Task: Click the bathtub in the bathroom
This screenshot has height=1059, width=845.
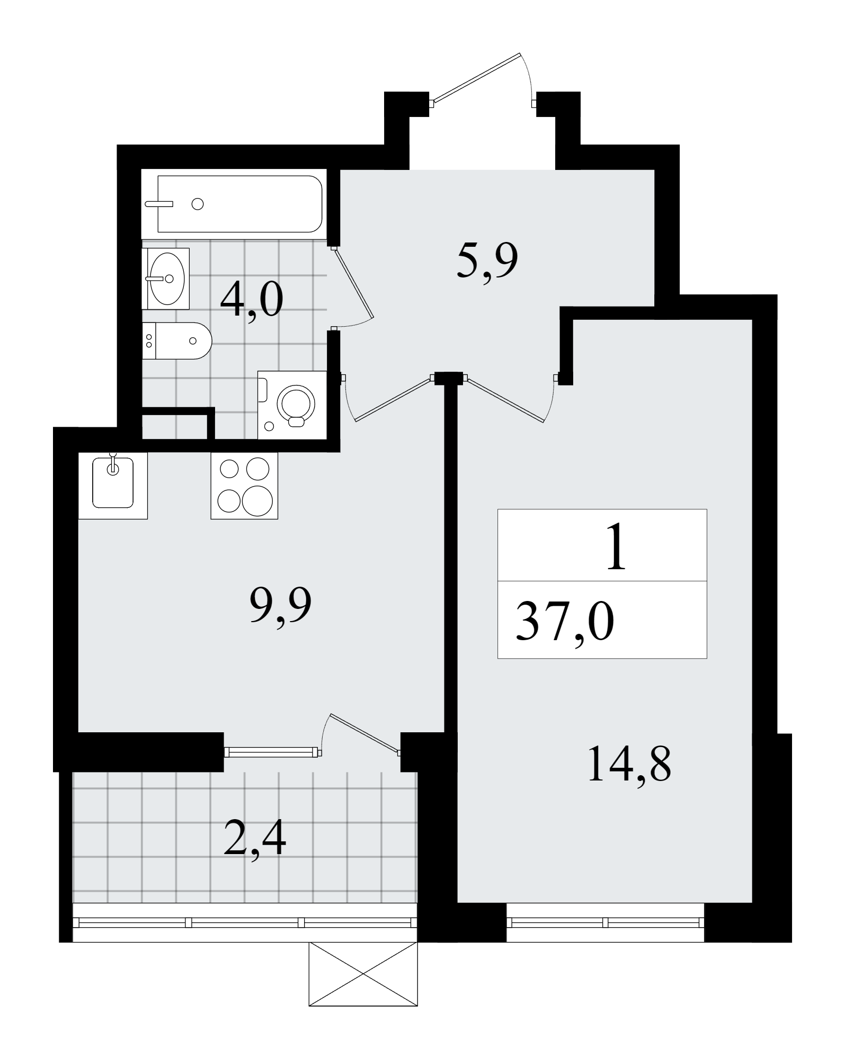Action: tap(234, 204)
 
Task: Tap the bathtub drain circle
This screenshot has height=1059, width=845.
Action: tap(198, 204)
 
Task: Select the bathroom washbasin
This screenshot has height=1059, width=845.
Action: tap(166, 279)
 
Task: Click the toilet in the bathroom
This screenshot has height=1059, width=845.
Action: tap(177, 341)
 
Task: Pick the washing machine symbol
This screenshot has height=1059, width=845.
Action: tap(292, 405)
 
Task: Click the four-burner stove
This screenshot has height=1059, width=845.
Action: tap(244, 485)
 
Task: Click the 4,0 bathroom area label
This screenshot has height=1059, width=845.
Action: tap(252, 300)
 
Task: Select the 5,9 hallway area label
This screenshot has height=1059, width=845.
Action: tap(486, 261)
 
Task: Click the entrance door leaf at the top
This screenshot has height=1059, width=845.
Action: tap(476, 77)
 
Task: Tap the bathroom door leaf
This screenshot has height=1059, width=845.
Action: tap(354, 284)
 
